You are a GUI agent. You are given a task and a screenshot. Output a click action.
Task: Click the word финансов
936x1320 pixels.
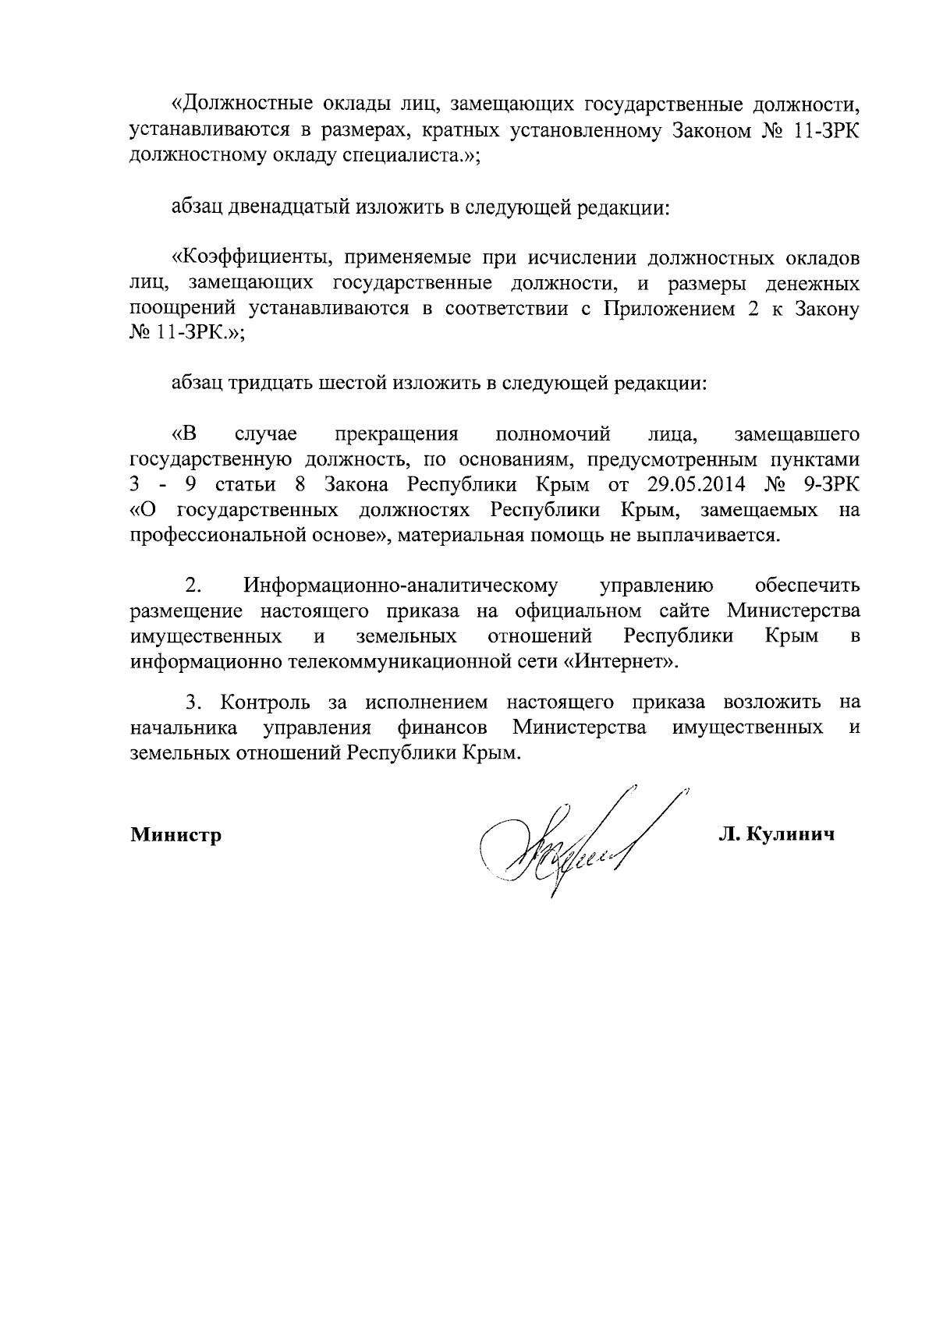tap(442, 728)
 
